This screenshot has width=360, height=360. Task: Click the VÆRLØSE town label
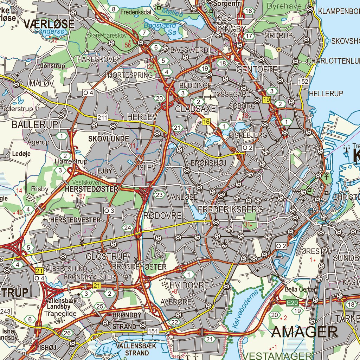pos(49,24)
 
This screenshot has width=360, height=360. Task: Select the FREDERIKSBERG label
pos(230,209)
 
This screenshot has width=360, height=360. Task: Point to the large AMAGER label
pos(305,332)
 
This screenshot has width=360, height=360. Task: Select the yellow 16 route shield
pos(206,122)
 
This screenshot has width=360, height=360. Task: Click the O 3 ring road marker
pos(109,211)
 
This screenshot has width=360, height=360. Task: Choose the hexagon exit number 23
pos(160,195)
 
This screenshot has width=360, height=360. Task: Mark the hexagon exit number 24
pos(127,228)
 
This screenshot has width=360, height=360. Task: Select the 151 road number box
pos(153,331)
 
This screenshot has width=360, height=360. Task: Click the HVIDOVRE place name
pos(189,285)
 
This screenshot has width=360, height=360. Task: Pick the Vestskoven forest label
pos(86,183)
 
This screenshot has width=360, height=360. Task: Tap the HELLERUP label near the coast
pos(326,94)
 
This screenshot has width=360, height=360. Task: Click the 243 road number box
pos(6,311)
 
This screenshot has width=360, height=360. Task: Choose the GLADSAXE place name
pos(195,109)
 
